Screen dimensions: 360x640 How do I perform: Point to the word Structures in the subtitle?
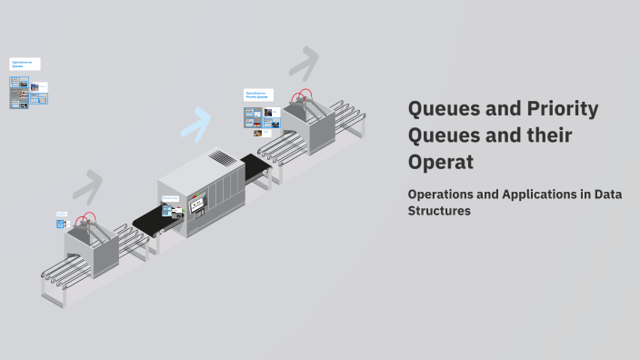point(439,211)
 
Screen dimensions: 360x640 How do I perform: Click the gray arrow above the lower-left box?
point(88,185)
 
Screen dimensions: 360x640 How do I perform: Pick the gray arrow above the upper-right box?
point(304,63)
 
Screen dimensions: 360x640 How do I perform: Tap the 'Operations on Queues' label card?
point(25,65)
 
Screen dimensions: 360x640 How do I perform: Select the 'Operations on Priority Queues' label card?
point(258,95)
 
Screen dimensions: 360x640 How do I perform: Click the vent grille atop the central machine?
point(222,158)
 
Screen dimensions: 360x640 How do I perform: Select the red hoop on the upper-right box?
point(302,95)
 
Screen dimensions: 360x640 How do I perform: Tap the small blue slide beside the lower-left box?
point(62,220)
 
